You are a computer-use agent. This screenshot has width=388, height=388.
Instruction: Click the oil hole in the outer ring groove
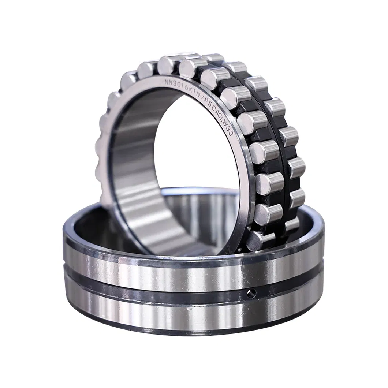pos(251,292)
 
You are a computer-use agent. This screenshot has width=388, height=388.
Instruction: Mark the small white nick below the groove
pos(189,309)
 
